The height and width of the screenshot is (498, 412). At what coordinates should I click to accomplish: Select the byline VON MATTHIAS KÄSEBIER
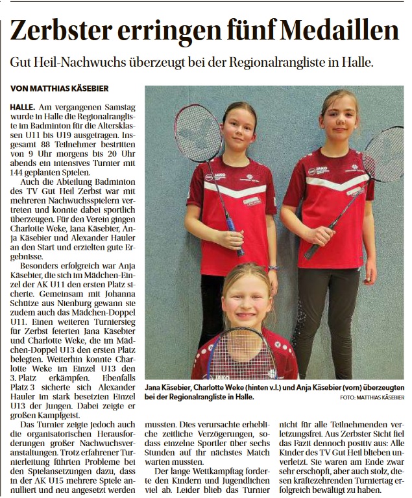[x=59, y=88]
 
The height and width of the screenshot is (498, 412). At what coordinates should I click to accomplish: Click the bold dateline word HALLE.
[x=23, y=105]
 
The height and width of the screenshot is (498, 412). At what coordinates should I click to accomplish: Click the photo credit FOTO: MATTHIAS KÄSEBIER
[x=372, y=397]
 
